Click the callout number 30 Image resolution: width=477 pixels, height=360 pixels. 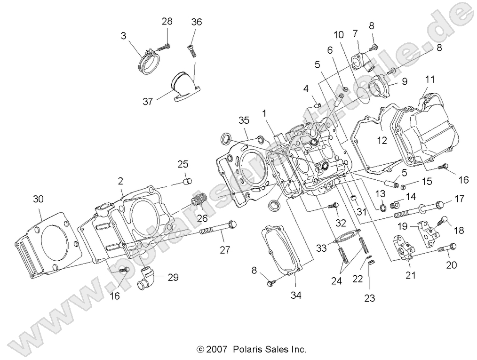point(38,199)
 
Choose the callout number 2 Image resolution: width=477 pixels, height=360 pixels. point(120,181)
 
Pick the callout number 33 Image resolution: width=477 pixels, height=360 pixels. point(321,248)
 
